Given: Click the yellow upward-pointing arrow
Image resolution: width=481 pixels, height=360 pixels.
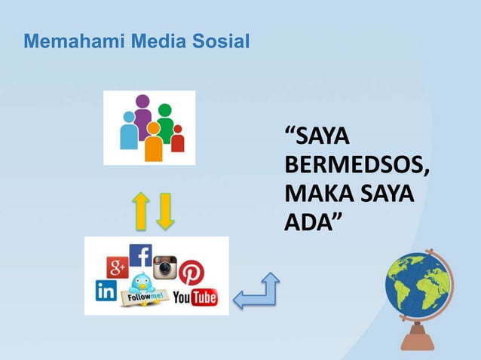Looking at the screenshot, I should [x=140, y=210].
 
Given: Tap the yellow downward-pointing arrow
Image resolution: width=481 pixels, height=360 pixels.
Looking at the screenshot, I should [x=165, y=210].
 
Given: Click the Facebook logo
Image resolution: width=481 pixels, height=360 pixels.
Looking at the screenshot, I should [x=140, y=255].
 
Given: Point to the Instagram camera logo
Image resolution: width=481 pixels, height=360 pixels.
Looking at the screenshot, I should [x=164, y=267].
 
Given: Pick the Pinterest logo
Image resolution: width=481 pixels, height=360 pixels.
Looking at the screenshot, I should [x=191, y=272].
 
